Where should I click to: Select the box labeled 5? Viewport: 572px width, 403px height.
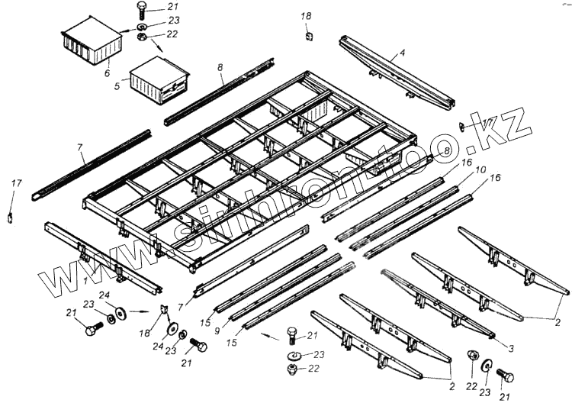159,79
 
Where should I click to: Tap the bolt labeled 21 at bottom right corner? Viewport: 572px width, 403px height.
504,376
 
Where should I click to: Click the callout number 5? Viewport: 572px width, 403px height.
117,87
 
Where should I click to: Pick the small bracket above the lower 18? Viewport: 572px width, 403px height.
163,309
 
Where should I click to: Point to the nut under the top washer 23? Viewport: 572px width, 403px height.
143,36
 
